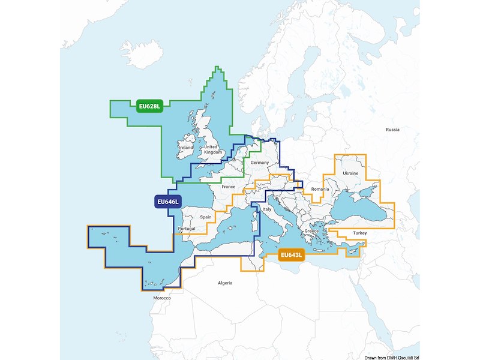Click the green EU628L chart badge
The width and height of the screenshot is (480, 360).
pos(150,107)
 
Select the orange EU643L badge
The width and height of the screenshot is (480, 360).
pos(292,256)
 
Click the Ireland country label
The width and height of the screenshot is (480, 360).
pos(186,147)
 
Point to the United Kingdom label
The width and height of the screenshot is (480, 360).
pos(212,149)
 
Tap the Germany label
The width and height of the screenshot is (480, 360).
pos(260,163)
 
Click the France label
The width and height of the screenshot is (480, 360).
pos(229,187)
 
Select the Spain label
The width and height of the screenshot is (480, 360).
pos(206,217)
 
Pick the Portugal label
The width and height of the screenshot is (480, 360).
pos(187,229)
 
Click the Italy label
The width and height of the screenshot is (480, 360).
pos(268,209)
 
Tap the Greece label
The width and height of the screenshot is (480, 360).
pos(311,231)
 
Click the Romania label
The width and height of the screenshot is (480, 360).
pos(320,189)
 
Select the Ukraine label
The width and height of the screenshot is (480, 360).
pos(350,173)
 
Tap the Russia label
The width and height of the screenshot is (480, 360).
pos(392,129)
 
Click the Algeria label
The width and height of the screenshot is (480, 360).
pos(224,282)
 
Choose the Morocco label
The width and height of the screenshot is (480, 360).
pos(162,298)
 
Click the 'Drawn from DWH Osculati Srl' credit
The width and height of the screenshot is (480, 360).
pos(391,356)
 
